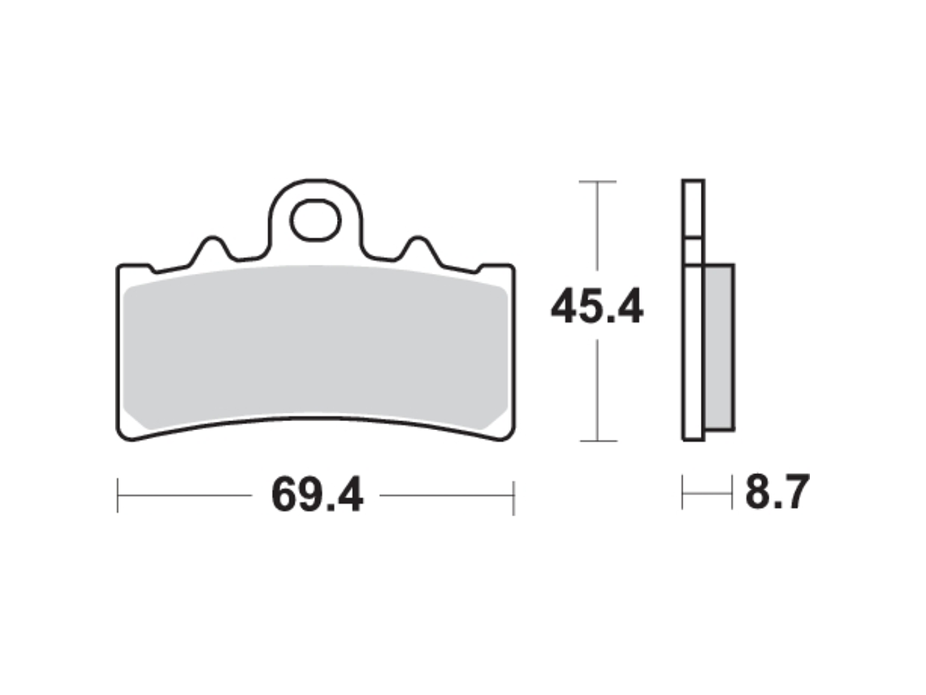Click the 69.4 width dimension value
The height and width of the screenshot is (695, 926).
tap(317, 495)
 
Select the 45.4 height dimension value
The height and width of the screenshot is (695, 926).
tap(596, 306)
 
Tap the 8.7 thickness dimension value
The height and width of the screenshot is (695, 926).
tap(777, 492)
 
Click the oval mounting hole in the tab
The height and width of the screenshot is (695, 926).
tap(315, 219)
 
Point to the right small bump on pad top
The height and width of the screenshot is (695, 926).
tap(418, 248)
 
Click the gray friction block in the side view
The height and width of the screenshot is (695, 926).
tap(720, 347)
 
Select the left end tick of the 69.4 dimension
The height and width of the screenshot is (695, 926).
tap(118, 495)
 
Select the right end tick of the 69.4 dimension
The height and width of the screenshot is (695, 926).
tap(514, 497)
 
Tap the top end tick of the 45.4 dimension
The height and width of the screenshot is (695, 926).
tap(598, 181)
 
